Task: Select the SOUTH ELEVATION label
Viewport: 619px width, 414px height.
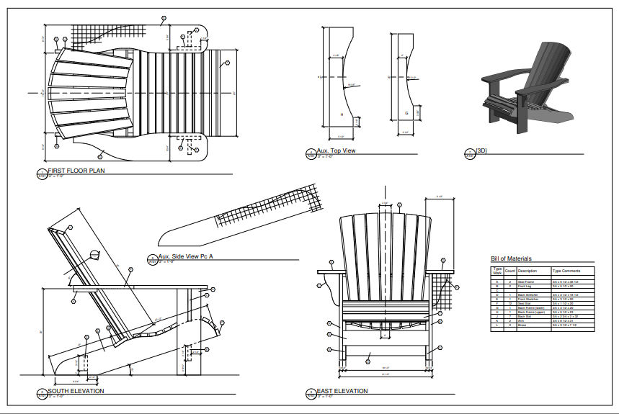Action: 76,392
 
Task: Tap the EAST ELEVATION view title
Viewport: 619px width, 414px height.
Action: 342,392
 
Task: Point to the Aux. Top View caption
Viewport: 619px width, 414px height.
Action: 336,151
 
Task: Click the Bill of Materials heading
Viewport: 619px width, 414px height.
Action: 511,258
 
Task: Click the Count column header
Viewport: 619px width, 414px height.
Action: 510,271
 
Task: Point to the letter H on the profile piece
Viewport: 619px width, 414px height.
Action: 342,114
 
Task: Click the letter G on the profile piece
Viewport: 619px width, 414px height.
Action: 406,114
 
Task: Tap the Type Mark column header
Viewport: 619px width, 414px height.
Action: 497,271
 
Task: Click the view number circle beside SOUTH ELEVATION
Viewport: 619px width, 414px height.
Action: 41,393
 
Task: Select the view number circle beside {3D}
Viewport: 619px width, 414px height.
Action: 469,153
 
